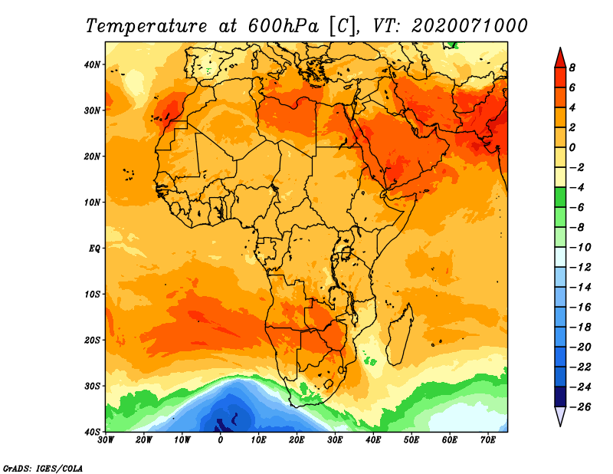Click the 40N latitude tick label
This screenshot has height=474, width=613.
coord(92,64)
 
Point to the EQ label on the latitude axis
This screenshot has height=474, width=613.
coord(94,249)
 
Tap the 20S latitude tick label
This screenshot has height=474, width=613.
coord(92,340)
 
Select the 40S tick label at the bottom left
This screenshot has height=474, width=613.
coord(92,432)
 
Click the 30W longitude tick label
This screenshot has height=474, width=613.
coord(106,440)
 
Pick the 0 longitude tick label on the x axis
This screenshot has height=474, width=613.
coord(221,440)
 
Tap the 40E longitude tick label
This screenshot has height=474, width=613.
coord(373,440)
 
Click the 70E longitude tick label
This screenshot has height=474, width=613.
coord(488,440)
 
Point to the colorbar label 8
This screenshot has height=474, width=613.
coord(572,67)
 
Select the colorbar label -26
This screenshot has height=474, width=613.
coord(580,407)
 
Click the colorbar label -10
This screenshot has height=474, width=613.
coord(580,248)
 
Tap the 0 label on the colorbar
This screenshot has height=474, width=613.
coord(572,147)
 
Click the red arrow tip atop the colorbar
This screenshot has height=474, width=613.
coord(560,48)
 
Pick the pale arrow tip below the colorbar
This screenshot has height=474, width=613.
coord(560,426)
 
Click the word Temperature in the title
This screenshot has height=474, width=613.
coord(146,26)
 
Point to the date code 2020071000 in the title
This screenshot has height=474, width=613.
coord(470,26)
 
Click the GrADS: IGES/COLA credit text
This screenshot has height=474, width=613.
coord(43,469)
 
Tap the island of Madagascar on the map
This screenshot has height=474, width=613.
coord(401,334)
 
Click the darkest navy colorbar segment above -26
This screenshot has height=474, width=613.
coord(560,397)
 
